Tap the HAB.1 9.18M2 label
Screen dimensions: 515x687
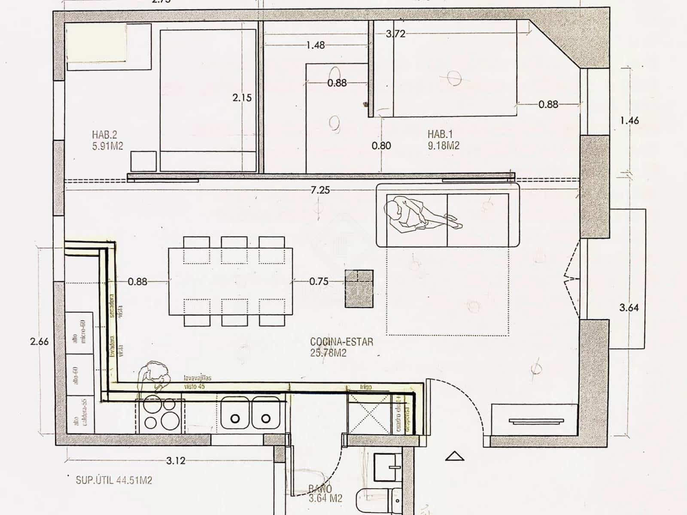click(443, 140)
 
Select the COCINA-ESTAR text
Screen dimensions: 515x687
click(341, 342)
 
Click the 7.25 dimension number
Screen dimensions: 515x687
click(320, 190)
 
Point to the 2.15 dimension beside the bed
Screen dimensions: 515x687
click(242, 98)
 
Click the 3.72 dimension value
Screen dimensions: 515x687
click(395, 34)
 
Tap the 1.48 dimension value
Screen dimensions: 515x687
click(316, 45)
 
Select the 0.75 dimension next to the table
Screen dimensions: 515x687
click(319, 282)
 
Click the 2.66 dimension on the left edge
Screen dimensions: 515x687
click(40, 342)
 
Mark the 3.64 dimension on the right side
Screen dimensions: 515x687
click(629, 307)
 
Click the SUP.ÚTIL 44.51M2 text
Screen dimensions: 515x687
click(114, 480)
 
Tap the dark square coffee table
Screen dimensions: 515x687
click(359, 288)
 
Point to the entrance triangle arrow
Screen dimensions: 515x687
click(455, 457)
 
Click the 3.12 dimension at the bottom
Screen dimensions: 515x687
click(176, 461)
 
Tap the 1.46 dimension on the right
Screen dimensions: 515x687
click(629, 121)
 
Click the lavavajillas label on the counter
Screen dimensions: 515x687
click(198, 378)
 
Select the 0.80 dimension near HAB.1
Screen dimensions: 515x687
click(381, 145)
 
